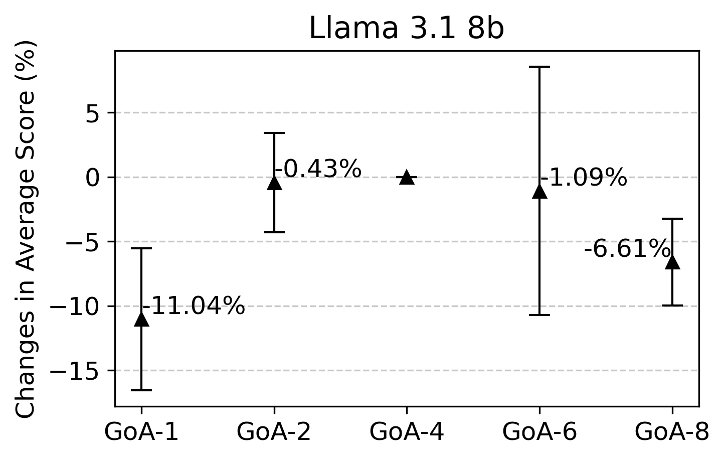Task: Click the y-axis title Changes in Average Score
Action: click(x=26, y=228)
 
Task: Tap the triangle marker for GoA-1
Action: click(x=141, y=319)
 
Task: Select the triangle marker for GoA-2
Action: click(x=274, y=183)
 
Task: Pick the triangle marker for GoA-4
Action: click(x=407, y=178)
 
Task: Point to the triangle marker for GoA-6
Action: click(x=539, y=191)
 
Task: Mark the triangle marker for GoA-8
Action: click(x=672, y=262)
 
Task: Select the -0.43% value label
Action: click(x=318, y=169)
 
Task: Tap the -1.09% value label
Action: click(x=584, y=178)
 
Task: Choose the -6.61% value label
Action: click(x=627, y=249)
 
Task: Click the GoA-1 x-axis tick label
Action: click(x=141, y=432)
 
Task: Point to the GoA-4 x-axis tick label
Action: click(x=407, y=432)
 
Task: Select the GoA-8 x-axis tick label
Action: click(x=672, y=432)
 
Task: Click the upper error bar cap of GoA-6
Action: click(x=539, y=67)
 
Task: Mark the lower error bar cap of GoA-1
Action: click(x=141, y=390)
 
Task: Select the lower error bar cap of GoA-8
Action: click(x=672, y=305)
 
